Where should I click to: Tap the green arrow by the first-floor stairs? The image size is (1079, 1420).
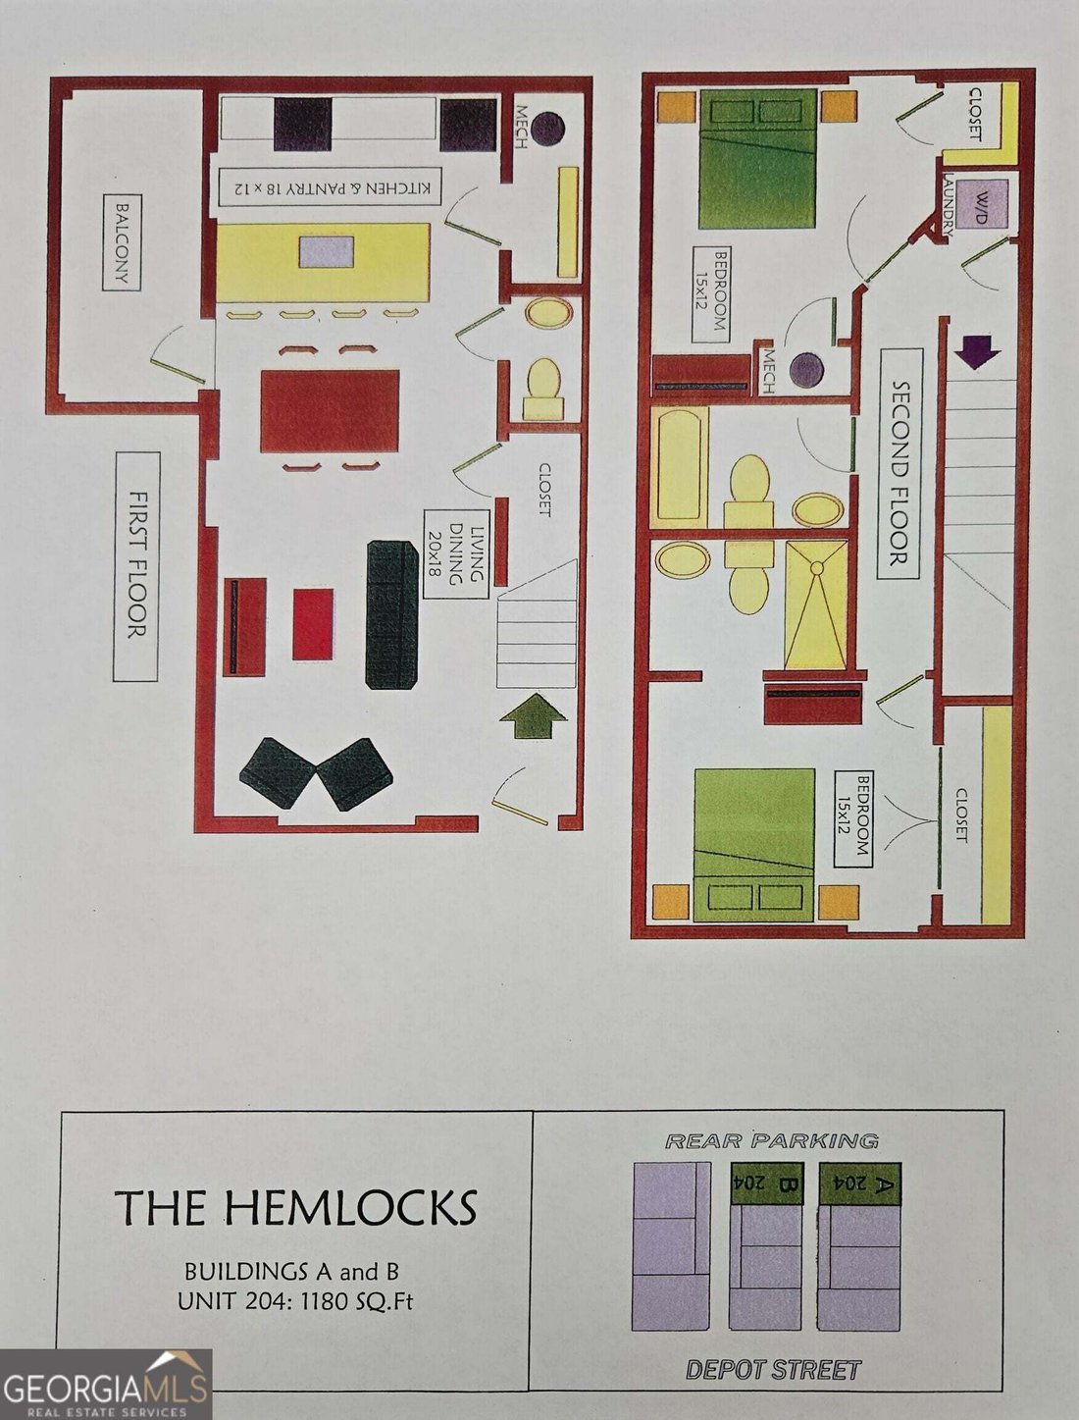pos(534,714)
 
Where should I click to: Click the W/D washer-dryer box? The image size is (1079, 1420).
pos(981,202)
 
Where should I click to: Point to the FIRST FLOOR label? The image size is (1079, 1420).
pos(135,566)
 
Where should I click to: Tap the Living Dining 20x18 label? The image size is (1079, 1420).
pos(456,553)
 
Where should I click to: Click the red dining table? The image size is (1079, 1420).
pos(330,411)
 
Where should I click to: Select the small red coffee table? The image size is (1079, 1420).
pos(314,624)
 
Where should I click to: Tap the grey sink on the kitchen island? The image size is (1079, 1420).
pos(327,251)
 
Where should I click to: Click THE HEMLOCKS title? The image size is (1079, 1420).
pos(296,1206)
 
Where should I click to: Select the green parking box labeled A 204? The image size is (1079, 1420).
pos(859,1183)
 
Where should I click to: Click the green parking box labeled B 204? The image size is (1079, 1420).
pos(765,1183)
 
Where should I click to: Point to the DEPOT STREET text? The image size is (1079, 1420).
pos(773,1371)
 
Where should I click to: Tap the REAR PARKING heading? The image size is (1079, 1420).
pos(772,1140)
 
